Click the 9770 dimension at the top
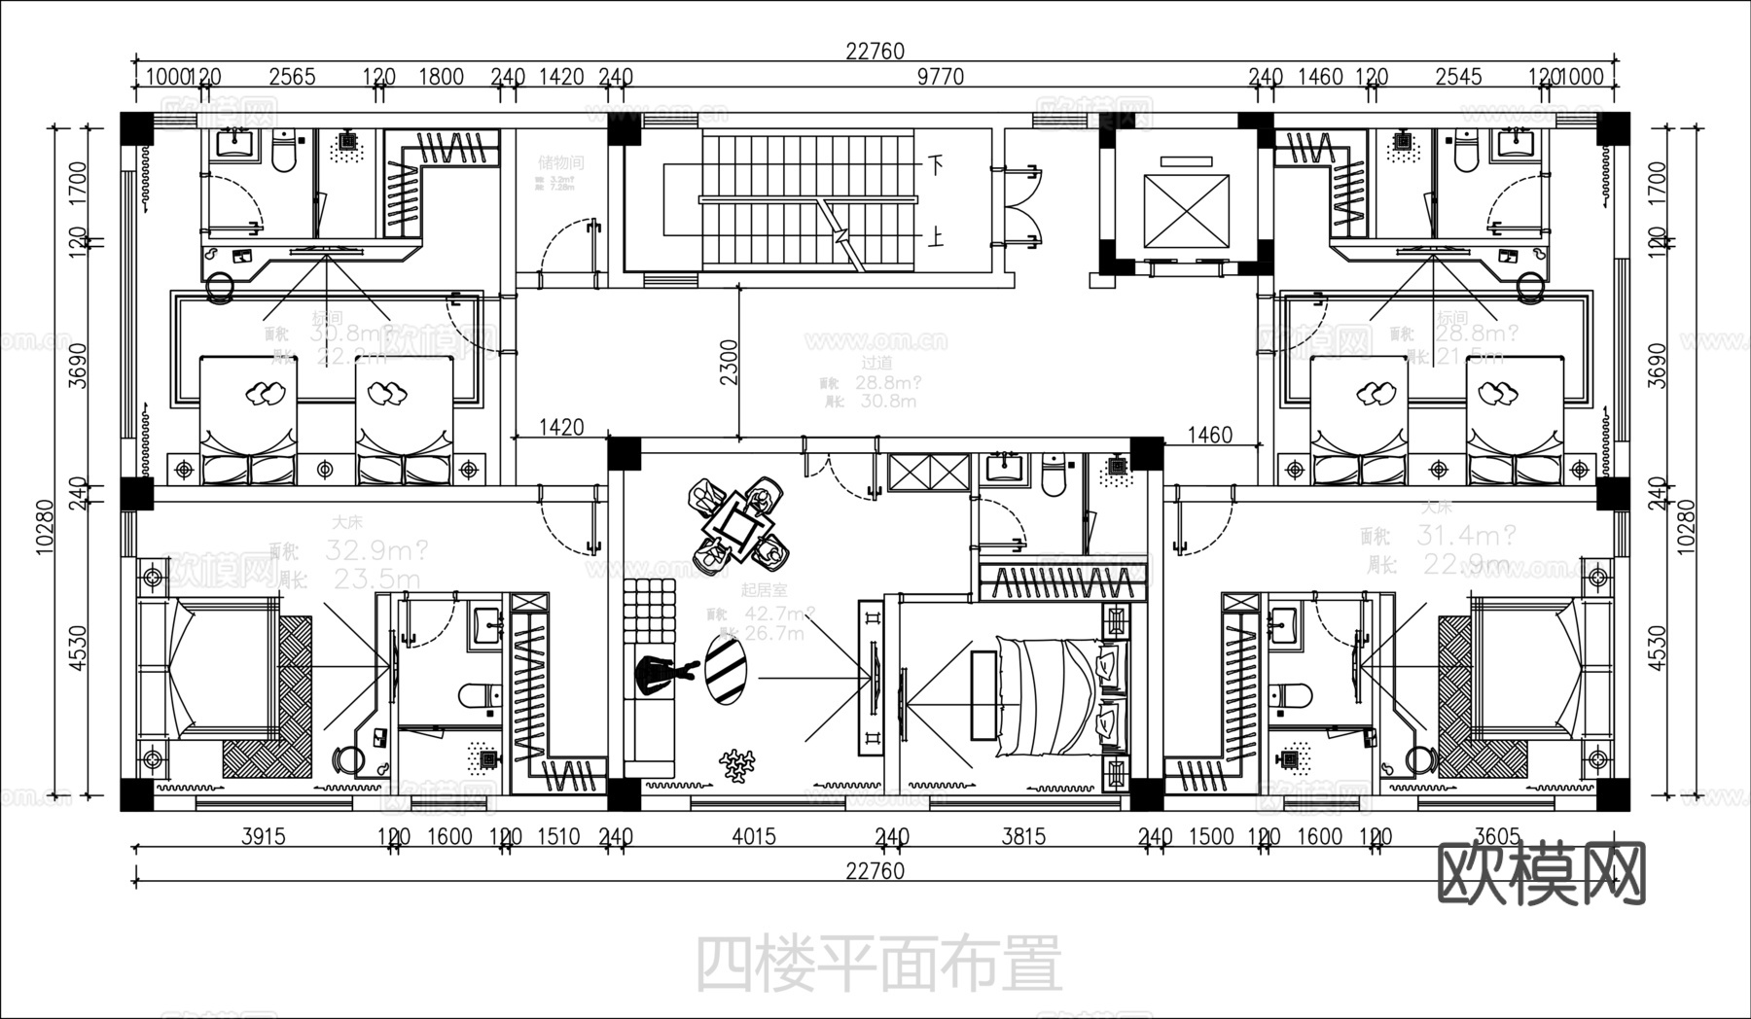[x=941, y=77]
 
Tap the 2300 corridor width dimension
[x=729, y=362]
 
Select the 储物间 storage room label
[x=560, y=162]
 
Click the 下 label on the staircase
[x=935, y=164]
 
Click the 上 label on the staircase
[x=935, y=237]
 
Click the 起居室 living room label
[x=764, y=589]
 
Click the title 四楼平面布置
[x=878, y=963]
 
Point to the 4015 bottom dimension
[x=754, y=836]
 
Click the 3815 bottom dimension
[x=1023, y=836]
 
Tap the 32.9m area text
[x=375, y=551]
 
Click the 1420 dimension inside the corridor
[x=561, y=427]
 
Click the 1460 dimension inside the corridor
[x=1210, y=435]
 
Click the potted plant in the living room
[x=739, y=765]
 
